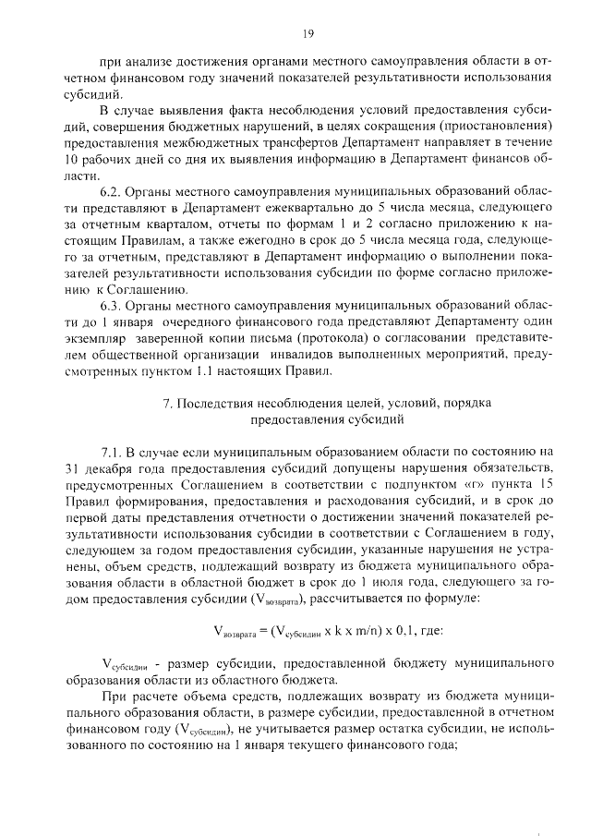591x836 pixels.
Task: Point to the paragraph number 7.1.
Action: pyautogui.click(x=114, y=453)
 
